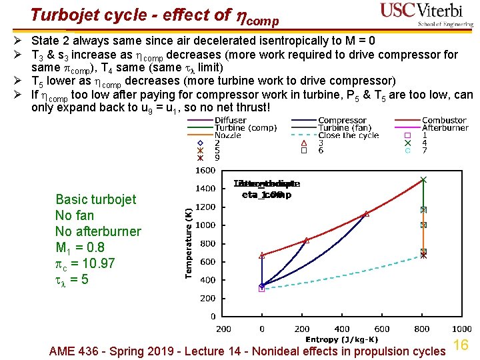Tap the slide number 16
[461, 345]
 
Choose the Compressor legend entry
[341, 120]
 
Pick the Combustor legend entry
[444, 120]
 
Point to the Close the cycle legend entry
[348, 135]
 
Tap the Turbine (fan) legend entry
[344, 127]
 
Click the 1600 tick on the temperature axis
[205, 170]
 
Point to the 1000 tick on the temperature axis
[205, 225]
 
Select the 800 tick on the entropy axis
[421, 329]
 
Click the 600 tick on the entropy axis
[381, 329]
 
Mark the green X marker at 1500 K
[423, 179]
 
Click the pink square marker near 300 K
[261, 289]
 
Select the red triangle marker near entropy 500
[365, 214]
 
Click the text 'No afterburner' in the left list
[98, 231]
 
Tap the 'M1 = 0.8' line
[79, 247]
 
